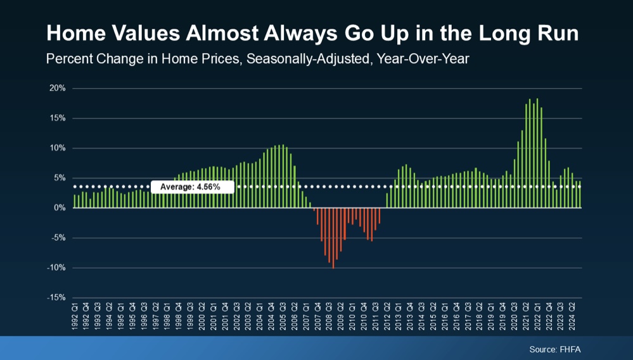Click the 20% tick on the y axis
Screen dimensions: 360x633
(x=57, y=88)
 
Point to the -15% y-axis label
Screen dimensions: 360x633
(x=56, y=297)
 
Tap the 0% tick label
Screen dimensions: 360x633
(x=60, y=208)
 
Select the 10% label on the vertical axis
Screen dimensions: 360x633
(x=57, y=148)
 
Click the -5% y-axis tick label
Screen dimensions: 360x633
(x=57, y=238)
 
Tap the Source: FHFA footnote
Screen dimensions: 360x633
(x=555, y=349)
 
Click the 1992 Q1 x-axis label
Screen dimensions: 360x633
(x=75, y=317)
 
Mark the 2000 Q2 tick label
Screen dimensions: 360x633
(x=202, y=317)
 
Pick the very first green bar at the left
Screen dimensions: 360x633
(x=74, y=201)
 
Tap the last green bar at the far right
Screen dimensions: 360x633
(x=580, y=195)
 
